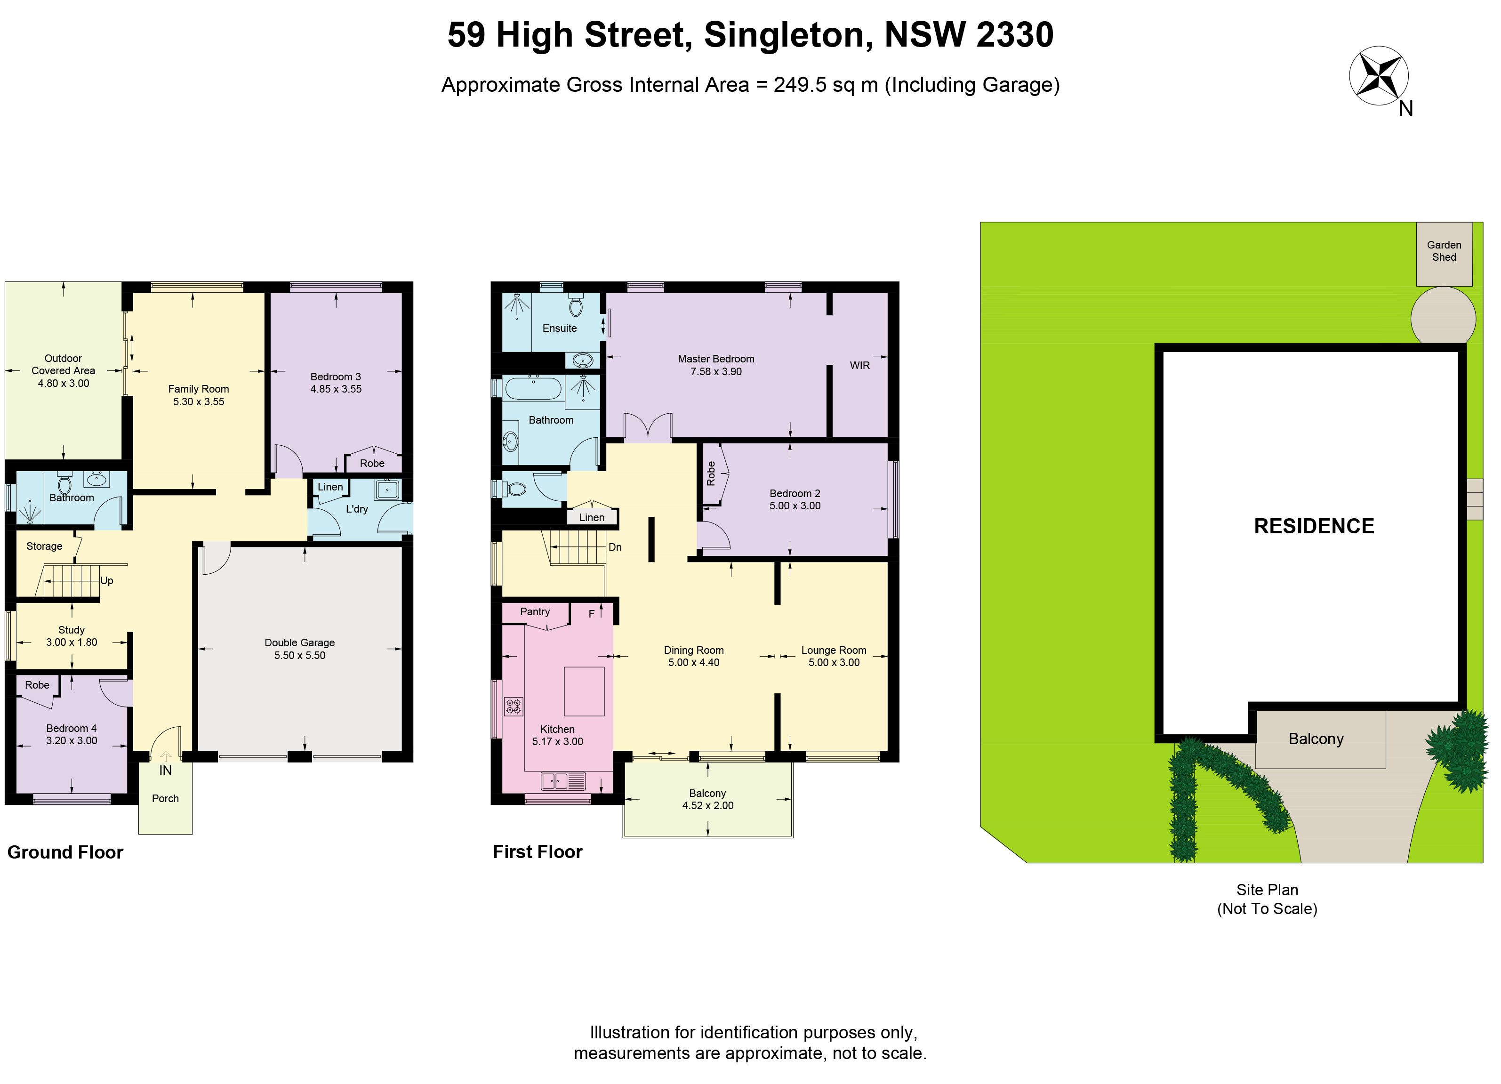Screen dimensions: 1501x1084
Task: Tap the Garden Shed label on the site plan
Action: (x=1444, y=251)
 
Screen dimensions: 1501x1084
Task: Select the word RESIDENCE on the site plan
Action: (x=1314, y=526)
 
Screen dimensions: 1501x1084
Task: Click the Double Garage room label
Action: (x=300, y=649)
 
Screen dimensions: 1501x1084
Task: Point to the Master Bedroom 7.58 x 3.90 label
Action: (x=716, y=365)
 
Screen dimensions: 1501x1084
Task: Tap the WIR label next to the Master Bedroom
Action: (x=860, y=365)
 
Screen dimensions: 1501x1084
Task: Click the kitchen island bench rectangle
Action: (x=584, y=691)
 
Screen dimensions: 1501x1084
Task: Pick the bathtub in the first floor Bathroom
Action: (x=533, y=388)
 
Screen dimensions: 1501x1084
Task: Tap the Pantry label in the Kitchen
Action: (x=535, y=611)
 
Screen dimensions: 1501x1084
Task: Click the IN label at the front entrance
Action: (x=166, y=771)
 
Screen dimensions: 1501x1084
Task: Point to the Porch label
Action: (x=166, y=798)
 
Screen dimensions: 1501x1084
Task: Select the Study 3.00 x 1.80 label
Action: (x=72, y=636)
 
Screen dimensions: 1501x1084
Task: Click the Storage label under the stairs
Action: (x=44, y=546)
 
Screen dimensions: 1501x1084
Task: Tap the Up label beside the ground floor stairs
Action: (x=106, y=580)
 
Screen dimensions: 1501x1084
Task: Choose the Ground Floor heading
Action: (x=65, y=852)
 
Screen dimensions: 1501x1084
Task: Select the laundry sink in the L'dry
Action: (x=387, y=489)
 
